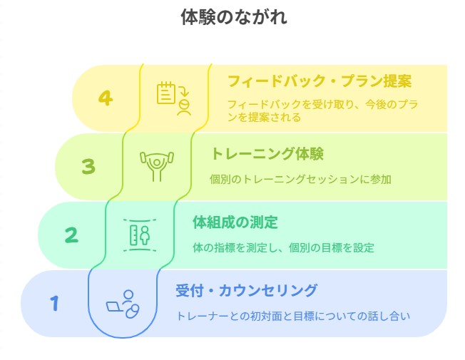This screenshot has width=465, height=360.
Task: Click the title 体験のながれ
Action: tap(234, 17)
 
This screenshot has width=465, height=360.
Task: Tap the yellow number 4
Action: tap(106, 98)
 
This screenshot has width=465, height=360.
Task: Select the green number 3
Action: tap(88, 166)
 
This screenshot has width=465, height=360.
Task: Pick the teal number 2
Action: tap(71, 235)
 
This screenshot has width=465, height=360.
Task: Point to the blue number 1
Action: tap(54, 303)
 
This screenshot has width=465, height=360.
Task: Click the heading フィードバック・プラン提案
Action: tap(320, 81)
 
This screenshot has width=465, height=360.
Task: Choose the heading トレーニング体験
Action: tap(267, 153)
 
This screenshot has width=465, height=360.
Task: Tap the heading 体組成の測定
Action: tap(235, 222)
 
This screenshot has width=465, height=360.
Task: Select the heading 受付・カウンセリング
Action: tap(247, 290)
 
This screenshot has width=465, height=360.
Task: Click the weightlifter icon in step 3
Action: tap(157, 167)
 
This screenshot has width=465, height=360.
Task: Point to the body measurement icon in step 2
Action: tap(140, 235)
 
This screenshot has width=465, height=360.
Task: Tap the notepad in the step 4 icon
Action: tap(166, 93)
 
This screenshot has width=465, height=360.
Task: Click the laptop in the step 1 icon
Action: tap(115, 307)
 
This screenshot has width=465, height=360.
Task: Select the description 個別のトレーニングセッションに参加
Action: tap(300, 179)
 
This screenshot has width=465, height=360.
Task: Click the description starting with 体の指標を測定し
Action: tap(283, 247)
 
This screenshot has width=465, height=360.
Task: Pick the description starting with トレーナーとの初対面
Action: tap(293, 316)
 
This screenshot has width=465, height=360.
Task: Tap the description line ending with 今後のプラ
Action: tap(322, 104)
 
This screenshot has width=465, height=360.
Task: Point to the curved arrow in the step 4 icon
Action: tap(184, 91)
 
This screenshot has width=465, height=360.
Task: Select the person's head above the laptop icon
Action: tap(128, 295)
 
